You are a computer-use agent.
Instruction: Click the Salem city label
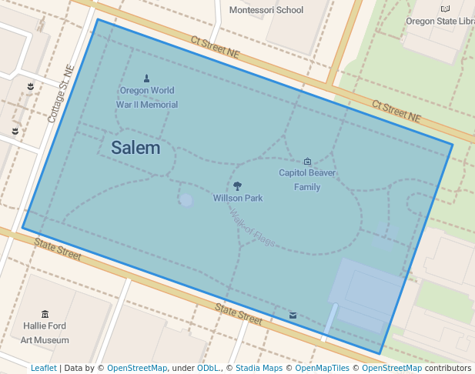coord(135,148)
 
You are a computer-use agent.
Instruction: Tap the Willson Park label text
coord(238,198)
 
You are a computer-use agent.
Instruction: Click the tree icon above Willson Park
coord(238,185)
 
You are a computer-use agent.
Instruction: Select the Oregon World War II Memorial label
coord(147,97)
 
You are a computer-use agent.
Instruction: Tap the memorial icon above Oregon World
coord(147,78)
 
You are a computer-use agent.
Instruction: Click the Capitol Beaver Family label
coord(307,179)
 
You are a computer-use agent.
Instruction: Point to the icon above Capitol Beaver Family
coord(308,161)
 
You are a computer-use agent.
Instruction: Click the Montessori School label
coord(266,10)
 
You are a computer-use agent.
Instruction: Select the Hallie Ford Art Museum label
coord(45,332)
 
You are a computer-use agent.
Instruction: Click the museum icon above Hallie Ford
coord(45,314)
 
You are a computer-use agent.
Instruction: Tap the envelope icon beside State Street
coord(293,315)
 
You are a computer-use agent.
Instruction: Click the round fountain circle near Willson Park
coord(186,200)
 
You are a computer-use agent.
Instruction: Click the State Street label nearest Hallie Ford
coord(58,247)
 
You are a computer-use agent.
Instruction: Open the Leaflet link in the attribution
coord(44,368)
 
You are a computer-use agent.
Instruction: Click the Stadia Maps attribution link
coord(259,368)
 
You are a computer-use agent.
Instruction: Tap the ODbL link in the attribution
coord(208,368)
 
